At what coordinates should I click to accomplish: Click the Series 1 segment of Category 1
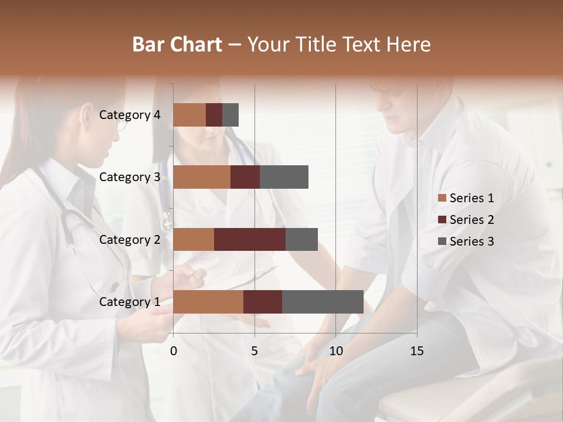click(208, 302)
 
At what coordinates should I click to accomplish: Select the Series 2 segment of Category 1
click(263, 302)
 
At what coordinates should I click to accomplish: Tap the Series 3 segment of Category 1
click(323, 302)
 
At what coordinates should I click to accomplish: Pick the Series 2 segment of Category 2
click(250, 239)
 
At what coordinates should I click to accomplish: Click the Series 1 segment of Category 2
click(194, 239)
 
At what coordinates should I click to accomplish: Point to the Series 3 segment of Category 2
click(301, 239)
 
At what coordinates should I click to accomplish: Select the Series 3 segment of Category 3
click(284, 177)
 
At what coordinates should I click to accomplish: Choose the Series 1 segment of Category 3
click(202, 177)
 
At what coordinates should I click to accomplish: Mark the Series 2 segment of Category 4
click(214, 115)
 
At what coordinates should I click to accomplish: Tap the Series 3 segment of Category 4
click(230, 115)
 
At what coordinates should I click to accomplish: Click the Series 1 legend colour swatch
click(442, 198)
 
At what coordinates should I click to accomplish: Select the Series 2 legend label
click(472, 220)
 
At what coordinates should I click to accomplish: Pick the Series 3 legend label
click(472, 241)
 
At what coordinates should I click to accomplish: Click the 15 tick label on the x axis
click(417, 351)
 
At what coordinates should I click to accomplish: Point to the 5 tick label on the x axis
click(255, 351)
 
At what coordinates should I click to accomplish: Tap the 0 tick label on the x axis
click(174, 351)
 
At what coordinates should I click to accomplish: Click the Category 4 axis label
click(130, 115)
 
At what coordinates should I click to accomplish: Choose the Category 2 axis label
click(130, 239)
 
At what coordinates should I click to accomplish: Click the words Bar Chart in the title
click(177, 44)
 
